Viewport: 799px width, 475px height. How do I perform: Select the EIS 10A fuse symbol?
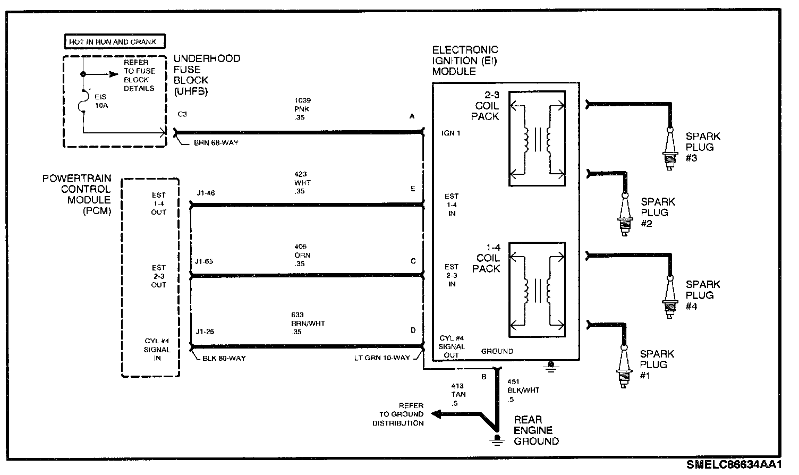pos(84,101)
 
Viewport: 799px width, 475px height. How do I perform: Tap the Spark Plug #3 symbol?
pos(670,151)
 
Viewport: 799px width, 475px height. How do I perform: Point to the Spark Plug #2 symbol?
pos(625,215)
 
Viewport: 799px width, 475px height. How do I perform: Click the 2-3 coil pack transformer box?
pos(537,138)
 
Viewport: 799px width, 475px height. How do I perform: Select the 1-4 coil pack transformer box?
pos(537,290)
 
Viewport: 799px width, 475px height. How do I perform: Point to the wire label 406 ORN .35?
pos(302,255)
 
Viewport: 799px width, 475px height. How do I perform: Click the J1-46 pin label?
pos(205,193)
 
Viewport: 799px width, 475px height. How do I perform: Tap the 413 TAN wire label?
pos(457,394)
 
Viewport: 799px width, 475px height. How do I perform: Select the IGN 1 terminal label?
pos(450,133)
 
